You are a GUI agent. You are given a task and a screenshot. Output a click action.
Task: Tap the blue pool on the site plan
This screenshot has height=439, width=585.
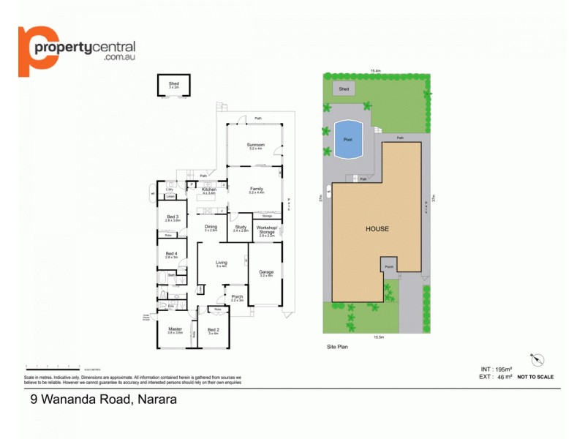pos(348,139)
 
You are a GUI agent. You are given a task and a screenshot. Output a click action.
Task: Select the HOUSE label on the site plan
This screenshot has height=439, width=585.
pos(377,229)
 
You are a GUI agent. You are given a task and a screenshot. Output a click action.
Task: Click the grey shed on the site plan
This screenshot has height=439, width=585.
pos(344,89)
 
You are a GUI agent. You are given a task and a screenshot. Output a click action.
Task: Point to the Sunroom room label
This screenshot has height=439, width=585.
pos(256,146)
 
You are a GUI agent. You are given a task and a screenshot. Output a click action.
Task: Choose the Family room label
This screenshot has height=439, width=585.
pos(256,190)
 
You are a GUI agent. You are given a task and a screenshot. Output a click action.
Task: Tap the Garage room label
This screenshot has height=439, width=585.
pos(266,273)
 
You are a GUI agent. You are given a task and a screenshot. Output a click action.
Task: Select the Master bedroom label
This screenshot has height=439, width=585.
pos(175,330)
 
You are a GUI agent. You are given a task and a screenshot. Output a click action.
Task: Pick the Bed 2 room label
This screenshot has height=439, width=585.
pos(214,330)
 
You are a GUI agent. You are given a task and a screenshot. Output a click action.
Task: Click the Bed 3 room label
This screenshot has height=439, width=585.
pos(172,217)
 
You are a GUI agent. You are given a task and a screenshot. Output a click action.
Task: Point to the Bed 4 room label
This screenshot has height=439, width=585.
pos(171,255)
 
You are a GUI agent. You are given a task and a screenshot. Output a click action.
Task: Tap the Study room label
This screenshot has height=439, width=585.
pos(241,228)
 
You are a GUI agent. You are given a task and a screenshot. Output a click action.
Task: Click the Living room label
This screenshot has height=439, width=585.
pos(222,263)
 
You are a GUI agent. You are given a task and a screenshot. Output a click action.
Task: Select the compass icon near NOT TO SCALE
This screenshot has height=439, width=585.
pos(539,359)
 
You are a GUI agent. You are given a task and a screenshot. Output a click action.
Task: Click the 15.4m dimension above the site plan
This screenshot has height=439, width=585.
pos(376,70)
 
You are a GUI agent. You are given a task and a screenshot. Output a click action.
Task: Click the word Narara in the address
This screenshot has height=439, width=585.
pos(156,399)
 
